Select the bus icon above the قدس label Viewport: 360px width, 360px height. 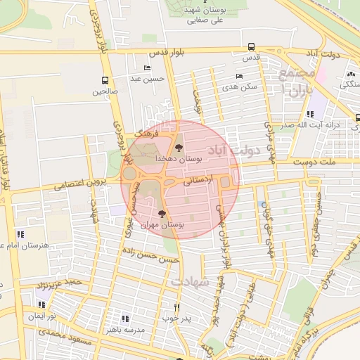click(x=251, y=47)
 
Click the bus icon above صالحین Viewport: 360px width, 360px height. click(x=105, y=80)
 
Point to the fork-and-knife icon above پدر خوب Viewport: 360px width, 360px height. click(x=176, y=307)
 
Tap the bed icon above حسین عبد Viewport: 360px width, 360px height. click(x=146, y=67)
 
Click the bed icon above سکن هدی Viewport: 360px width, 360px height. click(x=239, y=76)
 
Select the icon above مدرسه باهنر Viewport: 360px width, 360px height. click(x=126, y=318)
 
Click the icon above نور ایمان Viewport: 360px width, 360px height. click(x=41, y=304)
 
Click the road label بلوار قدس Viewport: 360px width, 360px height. click(x=165, y=53)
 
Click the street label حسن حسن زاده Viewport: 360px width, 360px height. click(x=159, y=257)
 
